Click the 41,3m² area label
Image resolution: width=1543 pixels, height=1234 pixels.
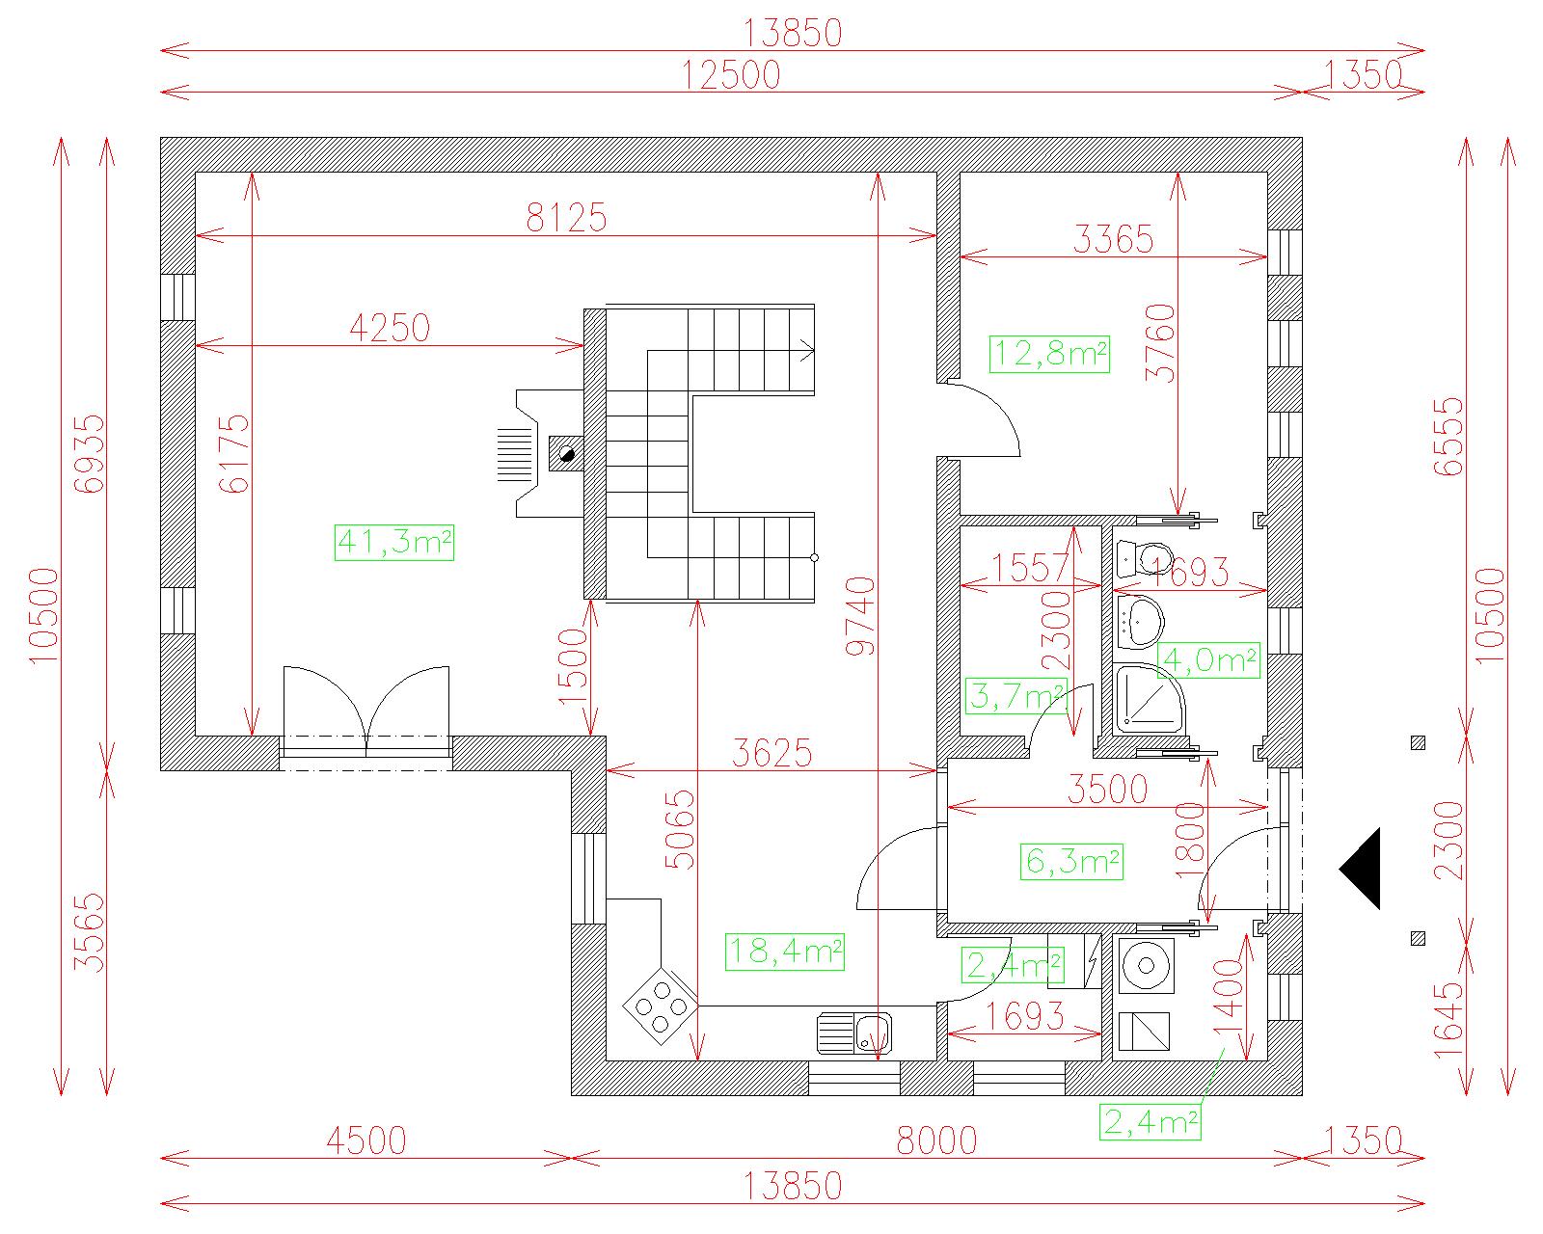pyautogui.click(x=394, y=542)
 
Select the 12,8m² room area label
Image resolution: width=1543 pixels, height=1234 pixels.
pyautogui.click(x=1049, y=354)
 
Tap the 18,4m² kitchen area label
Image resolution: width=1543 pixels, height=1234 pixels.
pyautogui.click(x=784, y=952)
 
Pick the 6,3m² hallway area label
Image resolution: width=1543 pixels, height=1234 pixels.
pyautogui.click(x=1071, y=861)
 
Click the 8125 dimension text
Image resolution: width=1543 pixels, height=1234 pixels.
pyautogui.click(x=566, y=217)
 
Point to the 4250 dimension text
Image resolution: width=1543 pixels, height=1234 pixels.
pyautogui.click(x=390, y=329)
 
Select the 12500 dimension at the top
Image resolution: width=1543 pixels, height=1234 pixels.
pyautogui.click(x=731, y=75)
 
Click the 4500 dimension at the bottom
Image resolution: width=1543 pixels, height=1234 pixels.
pyautogui.click(x=366, y=1140)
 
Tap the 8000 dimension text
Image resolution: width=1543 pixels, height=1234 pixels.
pyautogui.click(x=937, y=1140)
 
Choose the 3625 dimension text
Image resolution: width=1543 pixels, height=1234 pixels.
pyautogui.click(x=771, y=754)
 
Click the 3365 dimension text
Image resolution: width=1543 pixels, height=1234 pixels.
pyautogui.click(x=1113, y=239)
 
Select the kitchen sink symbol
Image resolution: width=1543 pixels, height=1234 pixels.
pyautogui.click(x=854, y=1033)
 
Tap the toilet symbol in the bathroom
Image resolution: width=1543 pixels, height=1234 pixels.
pyautogui.click(x=1145, y=558)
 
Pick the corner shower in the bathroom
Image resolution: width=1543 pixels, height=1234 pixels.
pyautogui.click(x=1150, y=699)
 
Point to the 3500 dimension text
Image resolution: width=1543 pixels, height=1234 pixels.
pyautogui.click(x=1107, y=790)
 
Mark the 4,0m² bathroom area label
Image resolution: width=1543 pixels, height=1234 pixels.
pyautogui.click(x=1209, y=660)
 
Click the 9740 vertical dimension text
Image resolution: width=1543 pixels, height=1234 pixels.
pyautogui.click(x=860, y=617)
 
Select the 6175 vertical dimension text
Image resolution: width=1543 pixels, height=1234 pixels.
pyautogui.click(x=233, y=454)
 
